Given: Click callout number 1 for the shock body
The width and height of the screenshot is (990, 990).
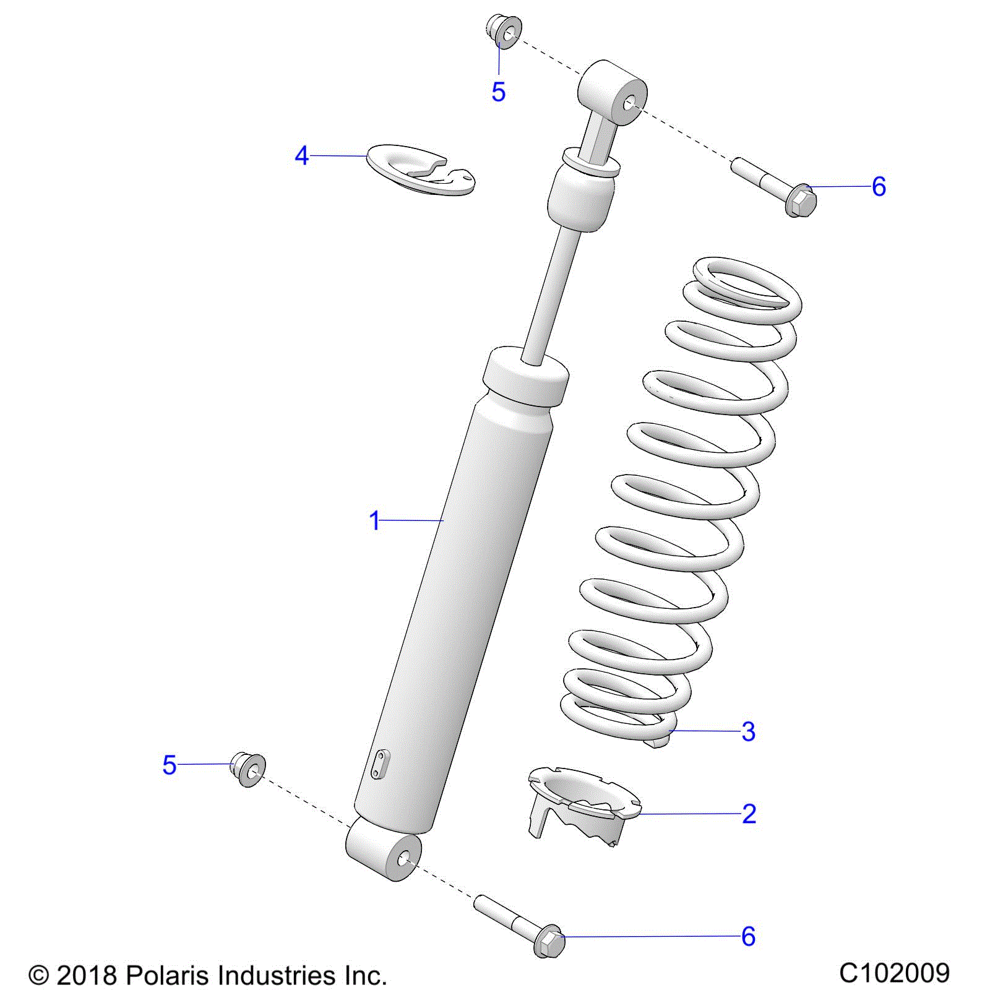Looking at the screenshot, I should click(374, 521).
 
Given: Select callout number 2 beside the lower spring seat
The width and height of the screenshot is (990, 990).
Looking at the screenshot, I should click(749, 814).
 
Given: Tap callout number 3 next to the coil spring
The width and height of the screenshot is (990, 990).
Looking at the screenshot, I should click(748, 731).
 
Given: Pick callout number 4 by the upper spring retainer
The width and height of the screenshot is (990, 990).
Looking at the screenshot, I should click(301, 156).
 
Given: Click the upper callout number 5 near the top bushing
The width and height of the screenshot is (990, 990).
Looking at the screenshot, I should click(498, 92).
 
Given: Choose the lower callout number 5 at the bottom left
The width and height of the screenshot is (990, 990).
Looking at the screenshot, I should click(170, 765).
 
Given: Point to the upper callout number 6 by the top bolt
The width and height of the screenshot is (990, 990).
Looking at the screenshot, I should click(879, 186).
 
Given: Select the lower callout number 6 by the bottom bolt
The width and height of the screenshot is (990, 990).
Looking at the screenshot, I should click(748, 936).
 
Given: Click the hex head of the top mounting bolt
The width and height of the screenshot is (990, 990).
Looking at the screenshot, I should click(801, 201).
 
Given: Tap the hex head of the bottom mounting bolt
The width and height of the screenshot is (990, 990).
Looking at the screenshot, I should click(549, 942).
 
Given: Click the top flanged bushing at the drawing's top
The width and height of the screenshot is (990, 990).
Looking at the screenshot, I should click(504, 32).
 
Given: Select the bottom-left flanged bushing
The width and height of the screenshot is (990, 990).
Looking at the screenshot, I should click(249, 769).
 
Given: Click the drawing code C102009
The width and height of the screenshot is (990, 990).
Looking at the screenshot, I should click(894, 973).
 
